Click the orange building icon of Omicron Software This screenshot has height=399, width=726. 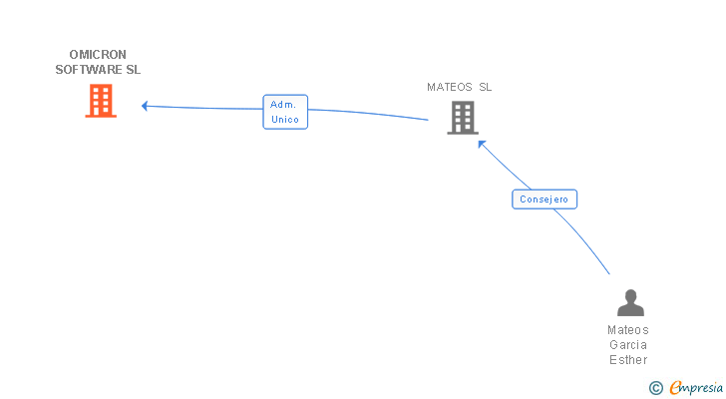click(x=101, y=101)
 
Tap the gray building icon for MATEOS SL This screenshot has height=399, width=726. click(x=462, y=118)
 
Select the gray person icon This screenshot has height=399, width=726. click(x=629, y=303)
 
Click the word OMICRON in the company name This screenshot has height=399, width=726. click(x=98, y=55)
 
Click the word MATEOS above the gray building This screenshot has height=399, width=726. click(x=449, y=87)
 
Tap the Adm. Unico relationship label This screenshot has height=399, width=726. click(x=285, y=112)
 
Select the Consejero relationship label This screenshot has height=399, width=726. click(x=544, y=199)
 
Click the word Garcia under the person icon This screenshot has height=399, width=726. click(x=628, y=345)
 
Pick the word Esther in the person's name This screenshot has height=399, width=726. click(x=628, y=360)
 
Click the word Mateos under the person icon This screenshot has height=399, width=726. click(x=628, y=330)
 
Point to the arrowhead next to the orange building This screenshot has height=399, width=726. click(x=146, y=106)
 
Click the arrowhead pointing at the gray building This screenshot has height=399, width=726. click(x=482, y=144)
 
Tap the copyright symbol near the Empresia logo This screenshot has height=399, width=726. click(x=655, y=388)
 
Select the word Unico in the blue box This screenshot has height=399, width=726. click(x=285, y=120)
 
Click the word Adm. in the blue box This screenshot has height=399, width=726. click(x=283, y=104)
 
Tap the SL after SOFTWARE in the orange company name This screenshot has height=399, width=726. click(x=133, y=70)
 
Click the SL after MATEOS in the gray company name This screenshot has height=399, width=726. click(x=485, y=87)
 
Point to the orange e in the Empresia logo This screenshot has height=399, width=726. click(x=675, y=388)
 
